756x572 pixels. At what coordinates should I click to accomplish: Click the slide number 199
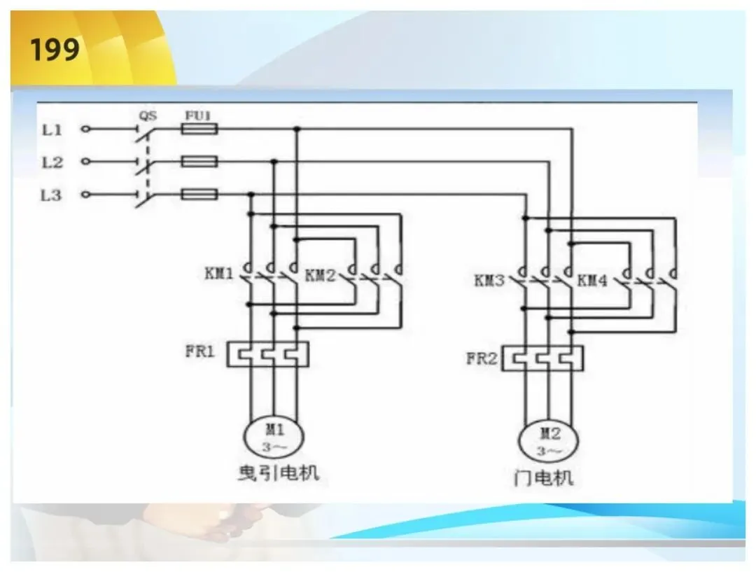coord(55,49)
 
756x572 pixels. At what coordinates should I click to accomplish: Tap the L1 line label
coord(52,130)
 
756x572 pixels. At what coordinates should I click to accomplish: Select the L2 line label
coord(52,162)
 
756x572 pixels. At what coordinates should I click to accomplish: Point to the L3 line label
coord(51,195)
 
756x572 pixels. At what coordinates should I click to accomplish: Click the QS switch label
coord(148,116)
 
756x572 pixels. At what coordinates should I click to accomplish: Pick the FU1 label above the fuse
coord(198,116)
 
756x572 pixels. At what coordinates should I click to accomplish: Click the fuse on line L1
coord(199,129)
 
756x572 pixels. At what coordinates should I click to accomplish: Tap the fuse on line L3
coord(199,195)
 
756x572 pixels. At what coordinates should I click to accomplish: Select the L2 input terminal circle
coord(86,162)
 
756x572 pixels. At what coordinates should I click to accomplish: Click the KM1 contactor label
coord(219,274)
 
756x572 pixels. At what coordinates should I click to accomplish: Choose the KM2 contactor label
coord(320,276)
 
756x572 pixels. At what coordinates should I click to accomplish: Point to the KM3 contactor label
coord(489,280)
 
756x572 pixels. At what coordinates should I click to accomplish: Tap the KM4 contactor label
coord(592,280)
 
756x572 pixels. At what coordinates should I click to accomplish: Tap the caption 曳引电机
coord(279,473)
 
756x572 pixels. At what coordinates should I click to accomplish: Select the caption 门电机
coord(543,477)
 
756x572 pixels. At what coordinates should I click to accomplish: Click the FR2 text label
coord(481,359)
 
